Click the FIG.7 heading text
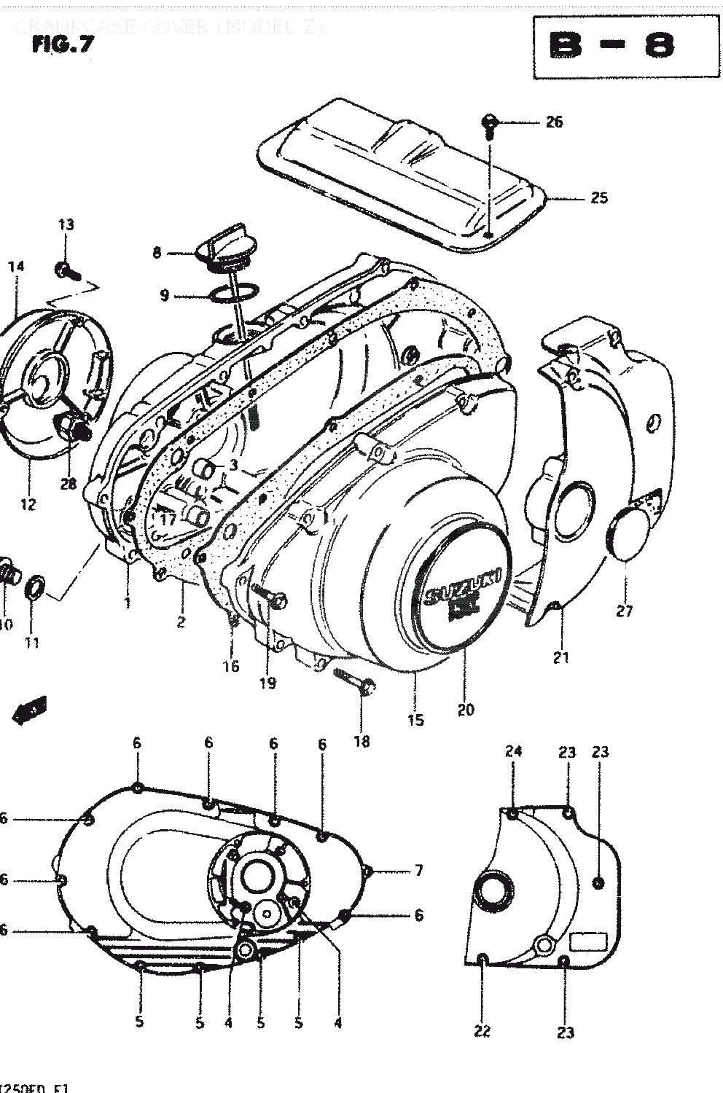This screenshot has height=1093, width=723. click(x=63, y=44)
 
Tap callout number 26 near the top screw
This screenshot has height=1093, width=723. click(x=555, y=122)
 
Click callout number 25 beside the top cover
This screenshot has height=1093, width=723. click(x=598, y=197)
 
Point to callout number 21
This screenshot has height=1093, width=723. click(x=560, y=657)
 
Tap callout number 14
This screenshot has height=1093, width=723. click(x=16, y=267)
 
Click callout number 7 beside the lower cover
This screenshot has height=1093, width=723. click(x=418, y=869)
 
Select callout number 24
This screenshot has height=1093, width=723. click(x=514, y=752)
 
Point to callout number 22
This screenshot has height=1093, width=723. click(x=482, y=1030)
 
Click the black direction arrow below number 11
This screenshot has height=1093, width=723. click(x=29, y=710)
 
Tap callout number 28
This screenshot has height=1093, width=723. click(x=69, y=484)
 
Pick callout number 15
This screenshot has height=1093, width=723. click(x=415, y=720)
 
